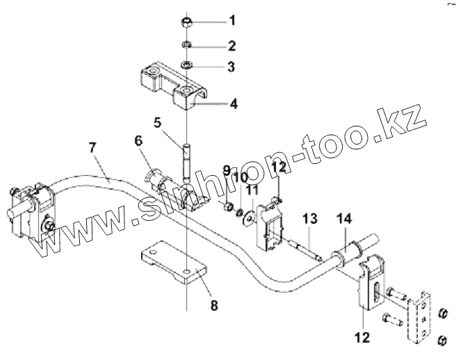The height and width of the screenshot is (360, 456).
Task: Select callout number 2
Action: pos(232,47)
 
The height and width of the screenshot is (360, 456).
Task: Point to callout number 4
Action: pos(234,104)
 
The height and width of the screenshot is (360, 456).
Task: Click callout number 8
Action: pos(213,304)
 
